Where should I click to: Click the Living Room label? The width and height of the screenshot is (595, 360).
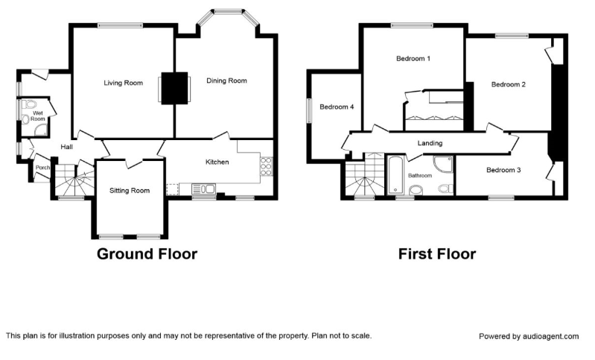pyautogui.click(x=124, y=83)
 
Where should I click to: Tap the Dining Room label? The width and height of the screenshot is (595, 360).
pyautogui.click(x=226, y=80)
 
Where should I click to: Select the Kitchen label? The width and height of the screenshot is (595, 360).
pyautogui.click(x=217, y=162)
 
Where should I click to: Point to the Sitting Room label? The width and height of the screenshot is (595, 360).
pyautogui.click(x=130, y=191)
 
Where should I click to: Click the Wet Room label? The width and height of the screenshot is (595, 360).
pyautogui.click(x=38, y=116)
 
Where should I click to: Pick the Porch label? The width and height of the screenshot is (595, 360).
pyautogui.click(x=42, y=168)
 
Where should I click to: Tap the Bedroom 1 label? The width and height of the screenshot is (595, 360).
pyautogui.click(x=413, y=58)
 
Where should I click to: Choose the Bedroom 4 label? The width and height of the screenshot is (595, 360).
pyautogui.click(x=337, y=107)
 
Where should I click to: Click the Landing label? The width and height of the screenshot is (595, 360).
pyautogui.click(x=430, y=143)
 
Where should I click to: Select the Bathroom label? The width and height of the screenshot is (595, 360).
pyautogui.click(x=420, y=175)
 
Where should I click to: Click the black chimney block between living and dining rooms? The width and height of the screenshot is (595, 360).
pyautogui.click(x=174, y=88)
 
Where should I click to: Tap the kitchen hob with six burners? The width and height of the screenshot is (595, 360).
pyautogui.click(x=266, y=166)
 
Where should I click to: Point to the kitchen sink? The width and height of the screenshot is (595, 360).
pyautogui.click(x=204, y=189)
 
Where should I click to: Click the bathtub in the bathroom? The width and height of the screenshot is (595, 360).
pyautogui.click(x=396, y=174)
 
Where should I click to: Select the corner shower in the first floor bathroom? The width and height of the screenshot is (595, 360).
pyautogui.click(x=443, y=164)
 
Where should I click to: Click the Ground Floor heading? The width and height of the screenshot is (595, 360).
pyautogui.click(x=147, y=253)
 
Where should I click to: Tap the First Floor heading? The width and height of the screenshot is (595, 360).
pyautogui.click(x=437, y=253)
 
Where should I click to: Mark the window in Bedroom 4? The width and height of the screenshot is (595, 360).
pyautogui.click(x=309, y=111)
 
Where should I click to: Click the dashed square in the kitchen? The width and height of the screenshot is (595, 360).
pyautogui.click(x=173, y=189)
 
